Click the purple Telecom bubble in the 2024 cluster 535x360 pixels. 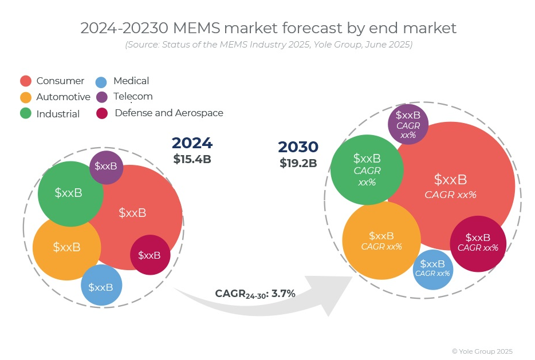(106, 167)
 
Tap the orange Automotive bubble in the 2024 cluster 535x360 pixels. (66, 247)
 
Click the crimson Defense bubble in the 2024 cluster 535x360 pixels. (150, 255)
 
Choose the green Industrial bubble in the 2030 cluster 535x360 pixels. (367, 169)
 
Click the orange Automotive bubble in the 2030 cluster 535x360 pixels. (381, 240)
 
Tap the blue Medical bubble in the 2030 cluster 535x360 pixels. (432, 268)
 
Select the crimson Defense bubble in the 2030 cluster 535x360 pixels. (478, 243)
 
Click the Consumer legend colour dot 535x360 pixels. (25, 81)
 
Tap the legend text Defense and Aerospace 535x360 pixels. (169, 113)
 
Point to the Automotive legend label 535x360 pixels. (63, 97)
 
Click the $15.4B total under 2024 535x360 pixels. (192, 159)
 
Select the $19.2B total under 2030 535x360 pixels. (298, 163)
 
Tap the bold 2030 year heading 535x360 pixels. (298, 147)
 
